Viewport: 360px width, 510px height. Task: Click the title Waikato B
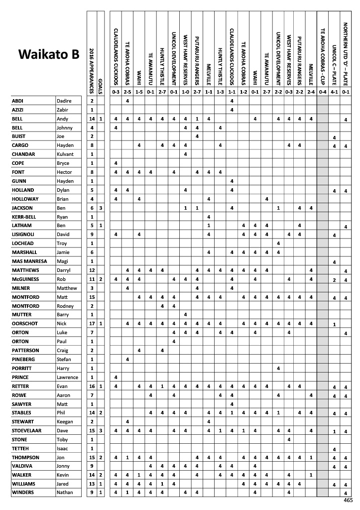point(49,54)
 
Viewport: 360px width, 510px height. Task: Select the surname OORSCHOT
point(24,324)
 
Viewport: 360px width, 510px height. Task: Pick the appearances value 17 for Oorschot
point(92,324)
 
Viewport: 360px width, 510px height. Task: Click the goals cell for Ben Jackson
point(101,208)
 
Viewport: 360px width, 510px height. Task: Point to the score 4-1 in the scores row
point(334,92)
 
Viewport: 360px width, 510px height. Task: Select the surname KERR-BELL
point(24,217)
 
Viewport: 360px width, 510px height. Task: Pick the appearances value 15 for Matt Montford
point(92,297)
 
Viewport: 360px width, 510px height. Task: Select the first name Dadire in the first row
point(64,101)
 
